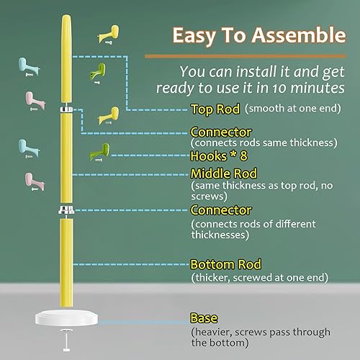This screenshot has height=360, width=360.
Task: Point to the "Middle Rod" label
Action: pyautogui.click(x=224, y=174)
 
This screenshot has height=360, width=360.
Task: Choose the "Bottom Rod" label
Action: pyautogui.click(x=225, y=264)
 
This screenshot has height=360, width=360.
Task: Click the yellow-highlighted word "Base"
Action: pyautogui.click(x=204, y=318)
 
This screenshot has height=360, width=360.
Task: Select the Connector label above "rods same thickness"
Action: pyautogui.click(x=221, y=132)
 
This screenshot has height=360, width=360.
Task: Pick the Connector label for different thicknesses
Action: pyautogui.click(x=221, y=210)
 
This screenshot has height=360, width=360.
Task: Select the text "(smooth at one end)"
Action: pyautogui.click(x=288, y=109)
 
